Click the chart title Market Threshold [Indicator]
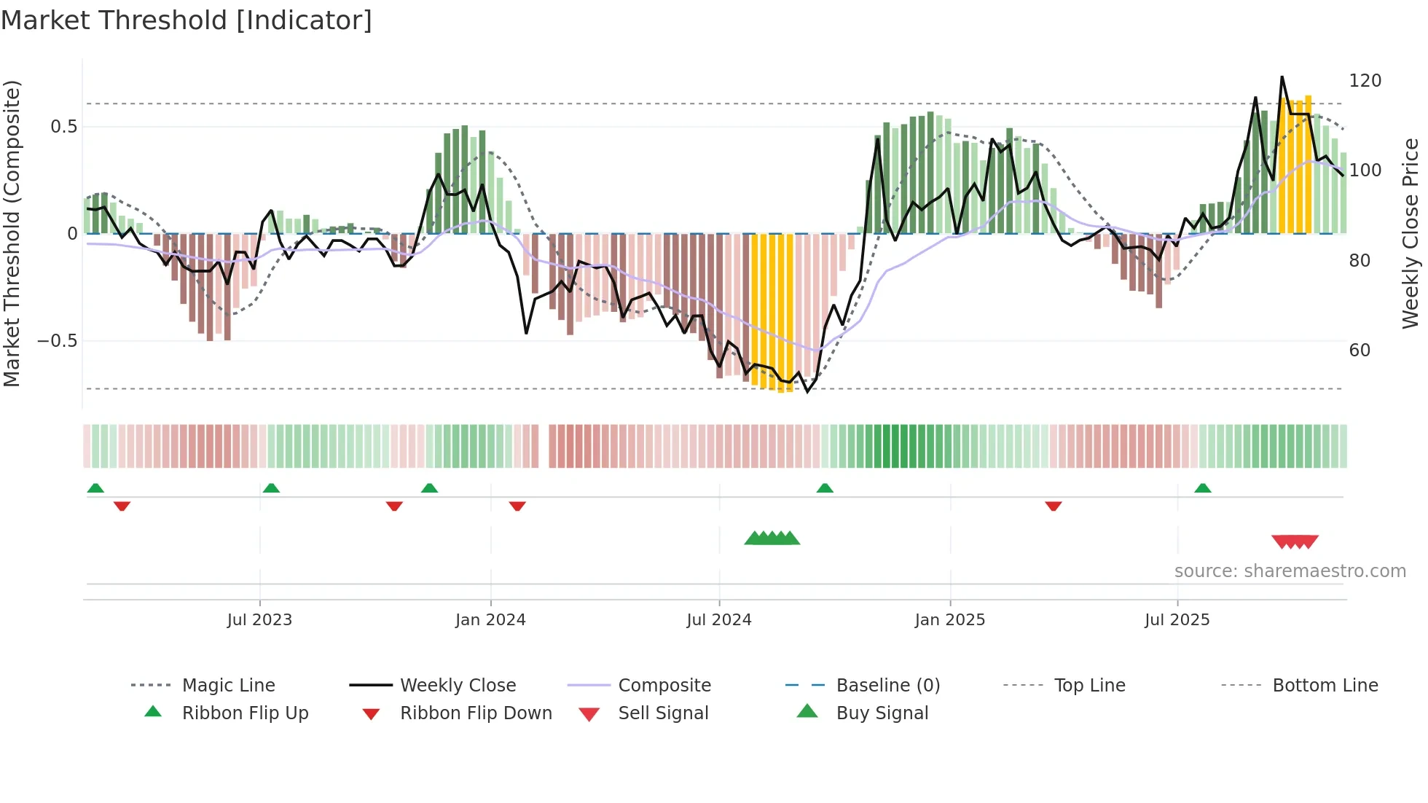tap(187, 20)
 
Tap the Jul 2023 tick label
tap(259, 620)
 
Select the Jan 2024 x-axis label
tap(490, 620)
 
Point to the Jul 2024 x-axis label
tap(719, 620)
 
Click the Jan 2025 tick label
tap(950, 620)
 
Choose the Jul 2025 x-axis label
tap(1177, 620)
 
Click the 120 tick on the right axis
tap(1365, 81)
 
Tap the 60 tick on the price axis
tap(1360, 350)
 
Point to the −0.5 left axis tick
tap(58, 341)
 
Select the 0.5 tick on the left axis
tap(64, 127)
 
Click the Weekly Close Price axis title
tap(1411, 233)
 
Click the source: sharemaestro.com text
tap(1290, 571)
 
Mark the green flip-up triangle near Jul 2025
tap(1203, 488)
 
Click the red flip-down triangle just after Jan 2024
tap(517, 506)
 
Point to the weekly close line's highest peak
tap(1282, 77)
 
